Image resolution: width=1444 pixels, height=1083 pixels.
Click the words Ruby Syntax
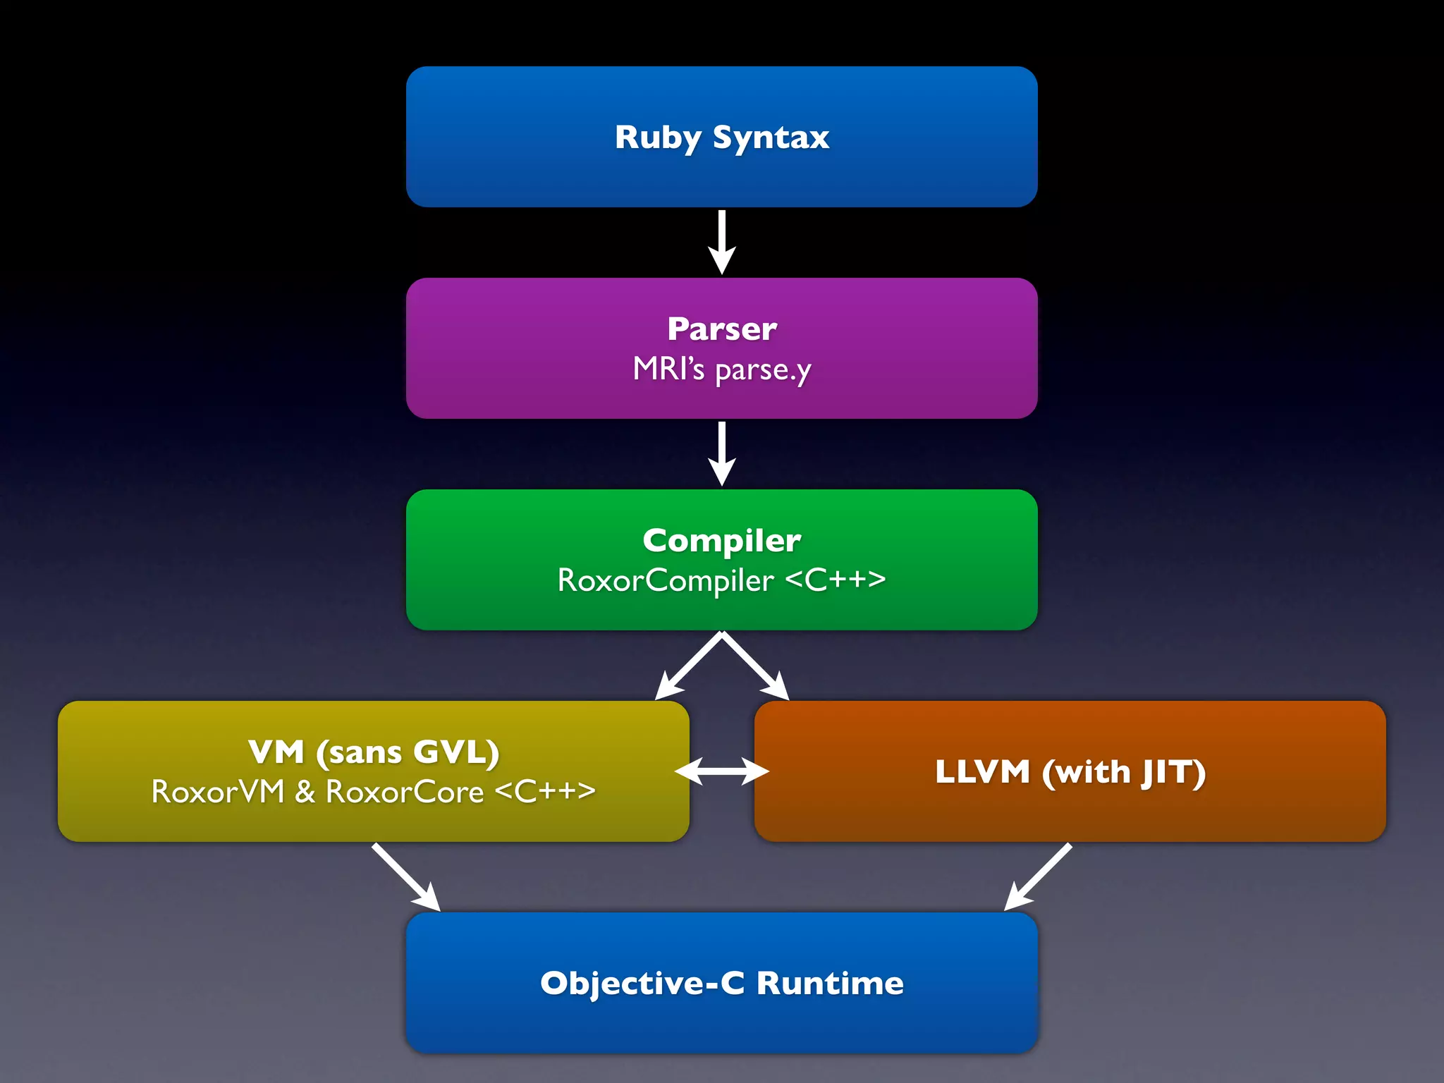[x=721, y=137]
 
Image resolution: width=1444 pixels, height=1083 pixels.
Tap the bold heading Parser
[x=721, y=329]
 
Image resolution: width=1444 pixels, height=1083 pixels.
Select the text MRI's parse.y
[x=721, y=369]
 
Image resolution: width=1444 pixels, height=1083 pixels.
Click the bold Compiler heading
[x=721, y=540]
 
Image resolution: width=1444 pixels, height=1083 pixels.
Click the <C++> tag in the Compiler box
[x=835, y=580]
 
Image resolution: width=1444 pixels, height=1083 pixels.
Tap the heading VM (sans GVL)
[x=374, y=752]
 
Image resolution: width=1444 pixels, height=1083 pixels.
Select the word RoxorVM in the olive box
[x=217, y=792]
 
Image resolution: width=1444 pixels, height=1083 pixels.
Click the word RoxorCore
[x=404, y=792]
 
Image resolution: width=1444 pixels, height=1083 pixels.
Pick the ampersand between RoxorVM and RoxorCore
[x=305, y=792]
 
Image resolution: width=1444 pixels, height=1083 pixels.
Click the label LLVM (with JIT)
[x=1070, y=771]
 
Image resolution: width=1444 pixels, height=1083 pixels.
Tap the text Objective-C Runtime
[x=721, y=983]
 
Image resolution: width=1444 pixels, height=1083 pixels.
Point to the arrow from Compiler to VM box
[x=687, y=666]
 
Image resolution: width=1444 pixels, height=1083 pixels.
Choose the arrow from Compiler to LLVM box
[x=756, y=666]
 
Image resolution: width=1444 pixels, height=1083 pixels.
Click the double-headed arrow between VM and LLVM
[x=721, y=771]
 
